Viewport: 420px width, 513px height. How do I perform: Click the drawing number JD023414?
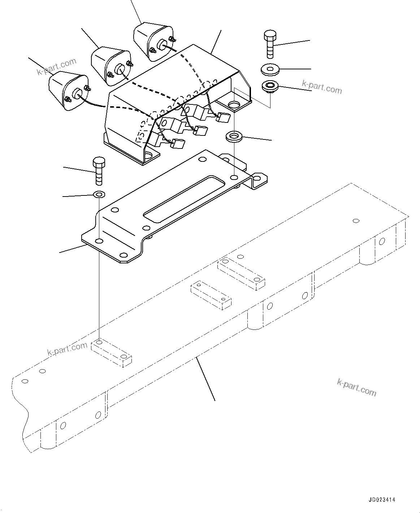click(x=382, y=500)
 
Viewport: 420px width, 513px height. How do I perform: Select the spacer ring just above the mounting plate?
click(x=234, y=137)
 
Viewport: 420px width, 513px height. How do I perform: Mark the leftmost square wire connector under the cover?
click(x=178, y=144)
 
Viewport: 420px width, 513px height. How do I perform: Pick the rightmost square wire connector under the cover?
click(x=223, y=118)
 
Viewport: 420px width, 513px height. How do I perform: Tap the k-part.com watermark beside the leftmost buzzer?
click(x=57, y=67)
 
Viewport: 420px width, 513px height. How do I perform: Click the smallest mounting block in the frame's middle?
click(x=211, y=295)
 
